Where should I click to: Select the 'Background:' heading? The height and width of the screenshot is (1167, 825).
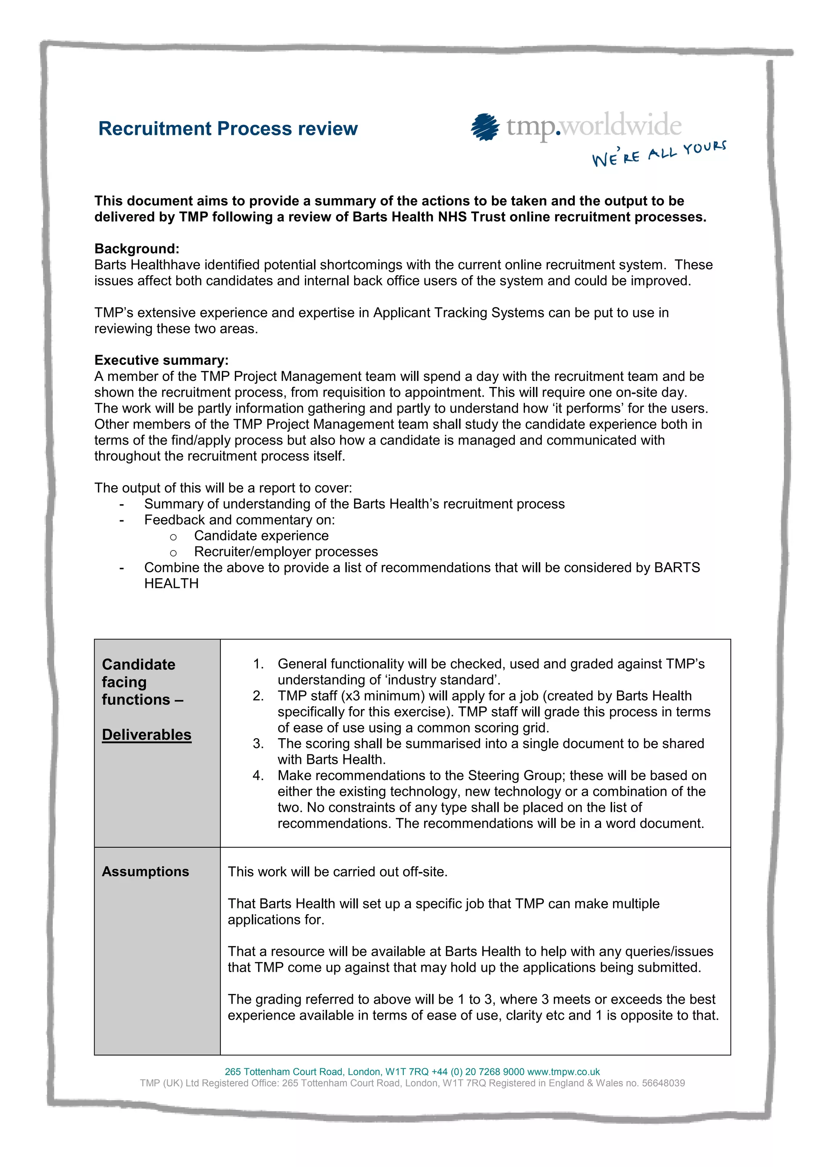(x=137, y=248)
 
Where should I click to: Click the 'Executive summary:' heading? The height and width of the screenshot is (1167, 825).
(x=161, y=360)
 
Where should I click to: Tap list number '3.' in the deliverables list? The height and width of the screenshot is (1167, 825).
(x=258, y=744)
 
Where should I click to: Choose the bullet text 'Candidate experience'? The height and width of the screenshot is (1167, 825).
(x=261, y=536)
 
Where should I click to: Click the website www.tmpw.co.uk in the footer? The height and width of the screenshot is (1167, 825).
(x=563, y=1072)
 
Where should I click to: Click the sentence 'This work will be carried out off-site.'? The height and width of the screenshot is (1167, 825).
(x=338, y=872)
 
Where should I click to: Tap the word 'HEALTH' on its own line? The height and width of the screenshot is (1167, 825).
(x=171, y=583)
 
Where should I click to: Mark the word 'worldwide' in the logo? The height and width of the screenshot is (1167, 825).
(x=621, y=126)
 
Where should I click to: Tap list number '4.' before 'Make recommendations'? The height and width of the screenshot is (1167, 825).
(x=258, y=776)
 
